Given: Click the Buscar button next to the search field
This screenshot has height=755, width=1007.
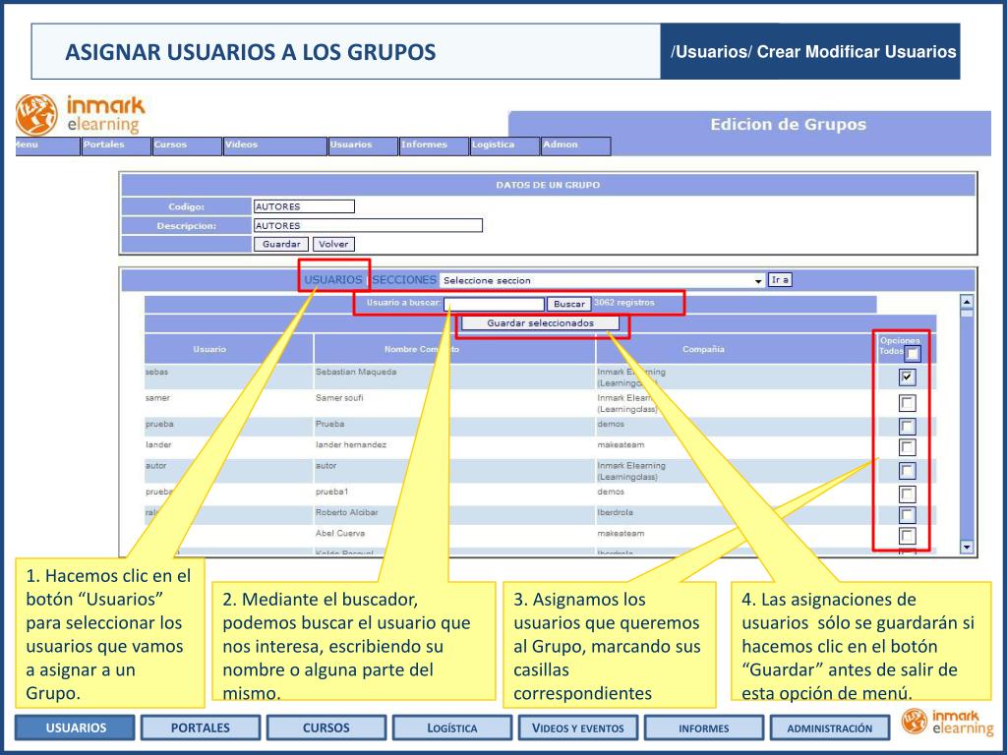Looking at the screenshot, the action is pos(569,304).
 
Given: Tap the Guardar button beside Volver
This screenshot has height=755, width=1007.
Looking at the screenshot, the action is pos(280,244).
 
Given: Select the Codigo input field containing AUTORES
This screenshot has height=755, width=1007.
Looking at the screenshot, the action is pos(303,206).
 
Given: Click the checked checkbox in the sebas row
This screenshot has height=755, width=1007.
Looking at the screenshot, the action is pos(907,377).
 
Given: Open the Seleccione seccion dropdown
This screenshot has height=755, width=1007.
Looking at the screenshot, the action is pos(602,280).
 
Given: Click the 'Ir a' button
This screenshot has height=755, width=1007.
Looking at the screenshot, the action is pos(780,279).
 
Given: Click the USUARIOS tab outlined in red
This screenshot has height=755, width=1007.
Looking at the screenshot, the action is pos(333,280).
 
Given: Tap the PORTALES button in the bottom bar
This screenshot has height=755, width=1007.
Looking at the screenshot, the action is pos(201,727).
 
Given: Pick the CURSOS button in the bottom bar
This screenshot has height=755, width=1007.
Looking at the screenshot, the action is pos(326,727).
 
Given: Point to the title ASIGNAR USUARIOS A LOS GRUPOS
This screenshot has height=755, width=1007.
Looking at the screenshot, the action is pos(251,51).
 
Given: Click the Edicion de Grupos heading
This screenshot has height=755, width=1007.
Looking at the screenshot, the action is pos(788,125).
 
